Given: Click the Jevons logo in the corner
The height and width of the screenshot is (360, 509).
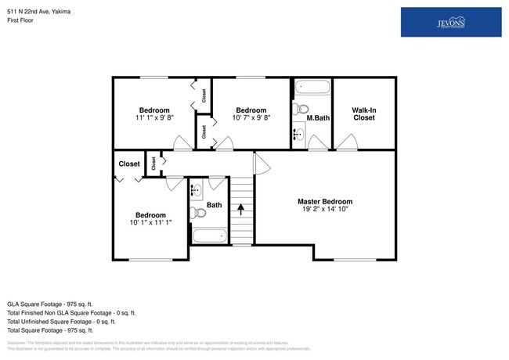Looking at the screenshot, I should (x=450, y=22).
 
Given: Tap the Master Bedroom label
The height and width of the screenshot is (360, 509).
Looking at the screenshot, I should (x=325, y=201).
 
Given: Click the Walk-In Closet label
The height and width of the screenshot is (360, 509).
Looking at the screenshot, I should (x=363, y=114).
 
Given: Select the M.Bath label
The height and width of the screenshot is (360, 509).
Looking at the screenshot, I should (x=317, y=118).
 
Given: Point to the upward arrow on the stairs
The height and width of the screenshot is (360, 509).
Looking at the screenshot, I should (x=242, y=209).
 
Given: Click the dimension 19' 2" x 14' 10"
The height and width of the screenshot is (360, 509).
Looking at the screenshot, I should (x=325, y=210).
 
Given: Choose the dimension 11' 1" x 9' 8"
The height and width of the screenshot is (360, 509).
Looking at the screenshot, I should (x=154, y=118).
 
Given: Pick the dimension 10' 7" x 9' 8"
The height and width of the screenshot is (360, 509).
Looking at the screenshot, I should (x=251, y=118).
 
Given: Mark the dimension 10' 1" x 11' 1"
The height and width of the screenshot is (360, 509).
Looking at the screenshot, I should (x=150, y=224).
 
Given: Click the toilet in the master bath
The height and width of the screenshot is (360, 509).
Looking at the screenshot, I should (x=301, y=109).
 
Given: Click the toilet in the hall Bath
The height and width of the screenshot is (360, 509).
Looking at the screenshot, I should (x=199, y=212).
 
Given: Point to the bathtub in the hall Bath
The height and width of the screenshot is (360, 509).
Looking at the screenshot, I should (x=209, y=235).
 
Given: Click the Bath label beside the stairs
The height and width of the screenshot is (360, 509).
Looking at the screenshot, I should (x=214, y=205).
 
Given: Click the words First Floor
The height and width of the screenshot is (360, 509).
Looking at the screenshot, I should (x=21, y=21).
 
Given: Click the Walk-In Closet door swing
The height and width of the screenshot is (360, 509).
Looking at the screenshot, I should (x=347, y=142).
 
